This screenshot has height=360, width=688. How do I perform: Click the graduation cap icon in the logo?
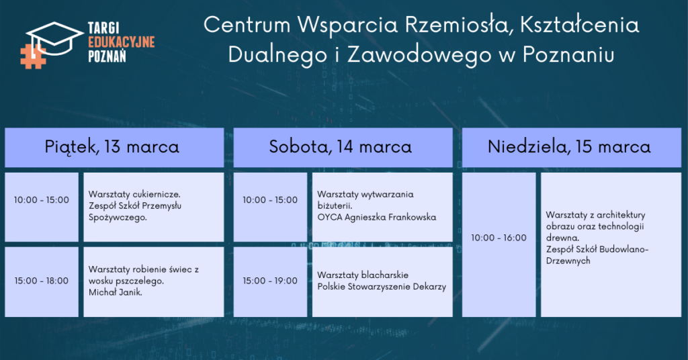tap(54, 38)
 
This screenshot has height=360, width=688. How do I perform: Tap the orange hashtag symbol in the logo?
tap(33, 56)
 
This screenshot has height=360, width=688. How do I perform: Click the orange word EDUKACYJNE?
tap(122, 42)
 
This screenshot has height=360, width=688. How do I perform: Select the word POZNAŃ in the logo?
tap(107, 56)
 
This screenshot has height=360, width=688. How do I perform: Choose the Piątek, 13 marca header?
tap(112, 146)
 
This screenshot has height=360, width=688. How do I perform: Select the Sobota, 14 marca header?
tap(341, 146)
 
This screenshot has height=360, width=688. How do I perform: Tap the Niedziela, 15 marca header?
tap(569, 146)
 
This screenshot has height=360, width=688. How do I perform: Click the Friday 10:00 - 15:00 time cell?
tap(41, 200)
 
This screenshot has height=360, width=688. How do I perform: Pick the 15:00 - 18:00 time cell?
tap(41, 281)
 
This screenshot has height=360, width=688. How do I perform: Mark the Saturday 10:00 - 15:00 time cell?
tap(270, 200)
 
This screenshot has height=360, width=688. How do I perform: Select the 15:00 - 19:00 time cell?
tap(270, 281)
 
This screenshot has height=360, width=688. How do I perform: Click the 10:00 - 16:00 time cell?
tap(499, 238)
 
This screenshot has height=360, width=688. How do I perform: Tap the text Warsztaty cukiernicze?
tap(134, 194)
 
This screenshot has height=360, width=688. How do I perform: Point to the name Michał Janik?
tap(116, 292)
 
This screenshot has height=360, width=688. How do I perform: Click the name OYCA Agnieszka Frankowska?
tap(377, 218)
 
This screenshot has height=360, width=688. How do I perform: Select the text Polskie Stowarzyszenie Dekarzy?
tap(382, 287)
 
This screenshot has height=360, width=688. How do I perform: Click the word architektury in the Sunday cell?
tap(621, 215)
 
